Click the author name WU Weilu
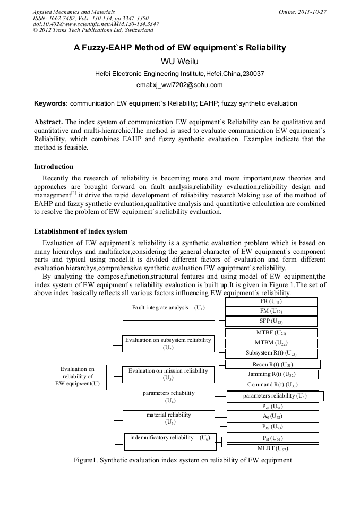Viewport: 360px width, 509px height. pyautogui.click(x=179, y=62)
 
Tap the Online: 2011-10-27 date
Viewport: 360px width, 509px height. pyautogui.click(x=302, y=11)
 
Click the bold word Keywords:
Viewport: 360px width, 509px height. pyautogui.click(x=51, y=103)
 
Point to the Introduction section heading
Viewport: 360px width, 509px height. pyautogui.click(x=54, y=166)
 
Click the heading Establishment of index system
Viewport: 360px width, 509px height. pyautogui.click(x=81, y=231)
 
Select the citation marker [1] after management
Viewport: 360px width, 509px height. pyautogui.click(x=74, y=193)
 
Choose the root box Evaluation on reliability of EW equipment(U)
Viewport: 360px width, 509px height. pyautogui.click(x=78, y=376)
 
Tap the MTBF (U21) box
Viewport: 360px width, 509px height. pyautogui.click(x=271, y=332)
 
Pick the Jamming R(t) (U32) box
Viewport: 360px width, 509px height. pyautogui.click(x=272, y=375)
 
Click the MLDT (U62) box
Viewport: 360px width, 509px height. pyautogui.click(x=272, y=448)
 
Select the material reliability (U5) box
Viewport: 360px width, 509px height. pyautogui.click(x=168, y=418)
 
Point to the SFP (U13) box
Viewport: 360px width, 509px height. pyautogui.click(x=271, y=321)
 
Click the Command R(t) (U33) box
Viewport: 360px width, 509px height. pyautogui.click(x=272, y=385)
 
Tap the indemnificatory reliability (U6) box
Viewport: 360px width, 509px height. pyautogui.click(x=170, y=438)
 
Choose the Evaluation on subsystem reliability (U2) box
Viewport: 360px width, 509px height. pyautogui.click(x=168, y=343)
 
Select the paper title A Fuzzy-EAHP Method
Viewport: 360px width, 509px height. pyautogui.click(x=179, y=48)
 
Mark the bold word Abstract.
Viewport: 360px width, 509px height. pyautogui.click(x=49, y=122)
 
